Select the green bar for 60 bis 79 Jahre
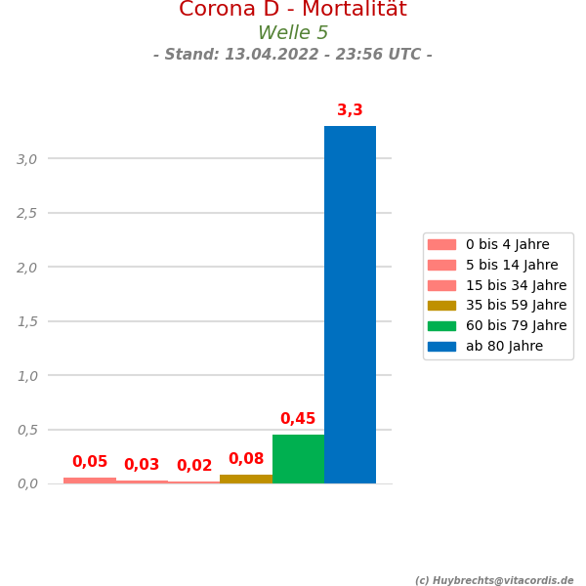point(298,459)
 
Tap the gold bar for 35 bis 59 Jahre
point(246,479)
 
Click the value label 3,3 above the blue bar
point(350,110)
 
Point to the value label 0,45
point(298,419)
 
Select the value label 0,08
point(246,459)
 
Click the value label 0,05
point(90,462)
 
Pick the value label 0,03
point(142,465)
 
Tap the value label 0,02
point(194,466)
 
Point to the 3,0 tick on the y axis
point(27,159)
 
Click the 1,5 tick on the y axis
point(27,321)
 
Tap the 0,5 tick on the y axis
point(27,430)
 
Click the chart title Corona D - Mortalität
point(293,10)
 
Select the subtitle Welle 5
point(293,33)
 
